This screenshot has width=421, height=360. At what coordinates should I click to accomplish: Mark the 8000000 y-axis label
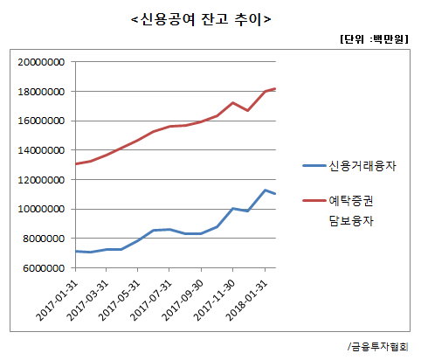click(42, 239)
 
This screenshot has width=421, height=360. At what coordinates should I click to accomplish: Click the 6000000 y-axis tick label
click(42, 267)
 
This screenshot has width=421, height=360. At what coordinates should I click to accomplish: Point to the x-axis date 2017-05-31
click(121, 300)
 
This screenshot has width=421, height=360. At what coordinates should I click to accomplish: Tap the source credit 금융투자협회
click(382, 345)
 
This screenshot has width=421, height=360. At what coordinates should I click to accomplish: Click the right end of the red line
click(276, 88)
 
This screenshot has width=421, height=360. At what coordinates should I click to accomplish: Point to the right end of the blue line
click(276, 194)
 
